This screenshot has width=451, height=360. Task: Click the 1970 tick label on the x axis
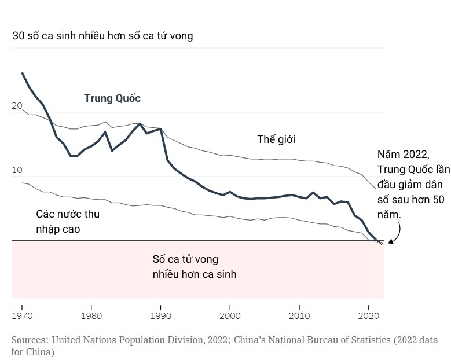click(22, 317)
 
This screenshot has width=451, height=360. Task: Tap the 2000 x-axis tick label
click(230, 317)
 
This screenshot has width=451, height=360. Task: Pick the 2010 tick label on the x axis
click(299, 317)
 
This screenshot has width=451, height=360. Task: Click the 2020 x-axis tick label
click(369, 317)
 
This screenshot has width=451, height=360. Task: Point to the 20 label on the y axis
click(17, 106)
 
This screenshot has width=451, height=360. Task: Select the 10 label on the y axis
click(17, 170)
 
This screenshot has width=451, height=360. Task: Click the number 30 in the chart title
click(19, 36)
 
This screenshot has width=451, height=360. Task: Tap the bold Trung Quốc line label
click(112, 98)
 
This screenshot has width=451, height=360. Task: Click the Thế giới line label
click(277, 139)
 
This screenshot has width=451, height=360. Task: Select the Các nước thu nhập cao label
click(67, 221)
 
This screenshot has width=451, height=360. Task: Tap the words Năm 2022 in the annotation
click(402, 155)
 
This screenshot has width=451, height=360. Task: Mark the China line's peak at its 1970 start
click(22, 73)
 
